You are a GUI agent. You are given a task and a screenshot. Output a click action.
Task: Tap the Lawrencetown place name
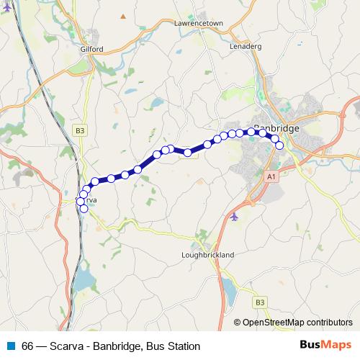[x=199, y=23]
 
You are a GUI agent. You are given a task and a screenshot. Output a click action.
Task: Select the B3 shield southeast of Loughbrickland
[x=260, y=302]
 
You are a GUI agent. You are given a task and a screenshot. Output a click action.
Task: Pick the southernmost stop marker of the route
[x=84, y=209]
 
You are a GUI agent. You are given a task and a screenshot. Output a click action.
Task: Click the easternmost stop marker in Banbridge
[x=279, y=146]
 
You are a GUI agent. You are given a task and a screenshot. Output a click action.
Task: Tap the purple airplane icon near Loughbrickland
[x=234, y=215]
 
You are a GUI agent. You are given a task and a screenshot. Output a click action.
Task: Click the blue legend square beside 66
[x=12, y=346]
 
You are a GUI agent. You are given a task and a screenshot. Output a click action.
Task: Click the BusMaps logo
[x=325, y=346]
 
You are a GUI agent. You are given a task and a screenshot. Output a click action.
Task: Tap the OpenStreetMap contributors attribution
[x=297, y=322]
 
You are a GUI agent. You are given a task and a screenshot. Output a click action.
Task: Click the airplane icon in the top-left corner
[x=6, y=6]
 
